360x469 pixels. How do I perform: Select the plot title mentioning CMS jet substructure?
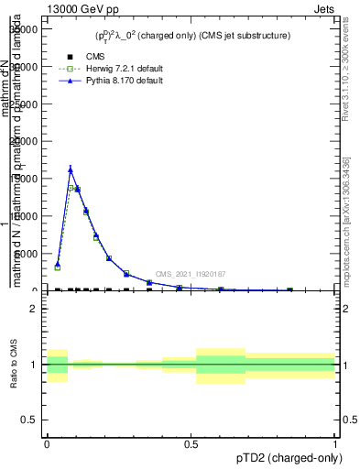[192, 36]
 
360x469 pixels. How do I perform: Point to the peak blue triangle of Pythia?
[71, 169]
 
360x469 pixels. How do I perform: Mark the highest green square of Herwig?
[71, 188]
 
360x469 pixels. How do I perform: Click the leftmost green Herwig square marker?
[58, 267]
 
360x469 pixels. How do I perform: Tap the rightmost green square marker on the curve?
[290, 289]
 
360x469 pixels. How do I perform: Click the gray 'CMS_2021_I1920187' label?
[191, 274]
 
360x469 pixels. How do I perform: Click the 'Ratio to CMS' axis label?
[14, 365]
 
